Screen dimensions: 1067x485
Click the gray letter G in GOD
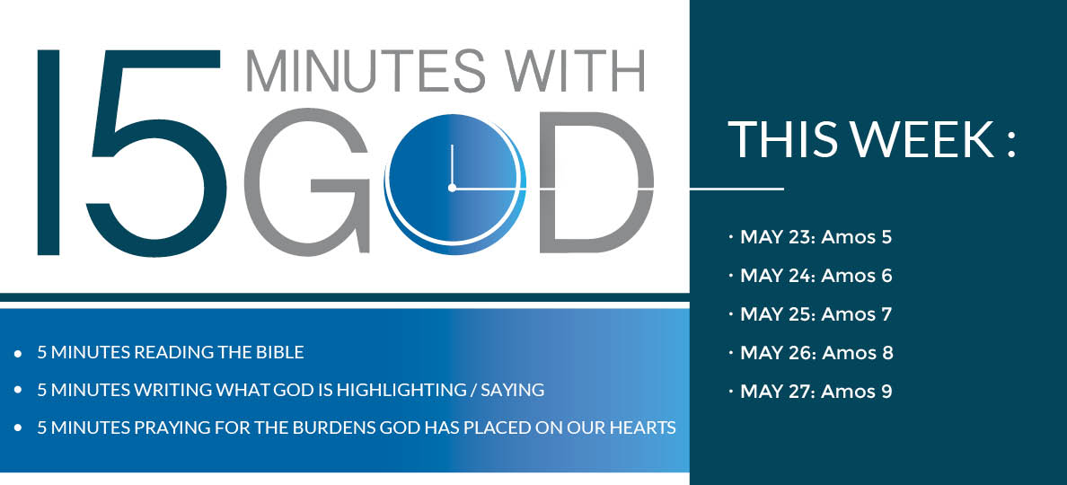306,181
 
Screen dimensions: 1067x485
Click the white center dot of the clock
452,188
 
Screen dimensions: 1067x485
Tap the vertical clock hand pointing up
452,164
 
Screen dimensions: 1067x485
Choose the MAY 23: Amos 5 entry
816,237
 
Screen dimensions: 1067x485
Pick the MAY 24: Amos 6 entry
816,276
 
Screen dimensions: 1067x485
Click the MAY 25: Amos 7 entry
816,315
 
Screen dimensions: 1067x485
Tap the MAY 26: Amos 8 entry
816,353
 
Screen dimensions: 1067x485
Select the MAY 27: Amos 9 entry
816,392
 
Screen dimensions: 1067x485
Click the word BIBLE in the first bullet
282,353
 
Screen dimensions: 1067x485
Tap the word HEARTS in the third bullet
648,428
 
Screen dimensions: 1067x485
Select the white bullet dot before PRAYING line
18,428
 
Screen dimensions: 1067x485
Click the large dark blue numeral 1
48,153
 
